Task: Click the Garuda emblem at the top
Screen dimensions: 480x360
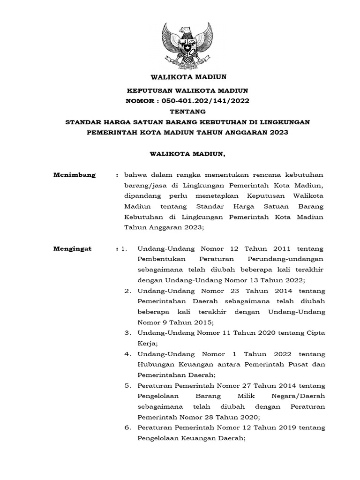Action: pyautogui.click(x=180, y=45)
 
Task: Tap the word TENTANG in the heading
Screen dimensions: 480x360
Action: pyautogui.click(x=180, y=112)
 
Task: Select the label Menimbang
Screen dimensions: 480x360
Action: pyautogui.click(x=75, y=175)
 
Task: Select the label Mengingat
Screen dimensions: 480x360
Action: pyautogui.click(x=73, y=249)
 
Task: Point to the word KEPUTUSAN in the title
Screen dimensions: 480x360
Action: pyautogui.click(x=150, y=90)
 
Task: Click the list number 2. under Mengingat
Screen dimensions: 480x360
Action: pyautogui.click(x=127, y=291)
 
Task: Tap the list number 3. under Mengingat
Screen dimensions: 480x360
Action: pyautogui.click(x=127, y=333)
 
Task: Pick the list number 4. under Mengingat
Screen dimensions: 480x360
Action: pyautogui.click(x=127, y=354)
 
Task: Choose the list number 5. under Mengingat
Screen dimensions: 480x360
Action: pyautogui.click(x=127, y=386)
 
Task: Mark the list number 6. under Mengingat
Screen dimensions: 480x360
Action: pyautogui.click(x=127, y=428)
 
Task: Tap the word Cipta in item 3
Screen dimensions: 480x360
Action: pyautogui.click(x=315, y=333)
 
